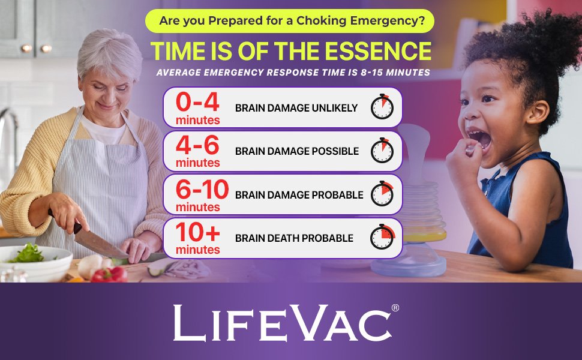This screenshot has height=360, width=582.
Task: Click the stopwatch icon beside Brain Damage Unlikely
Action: click(382, 107)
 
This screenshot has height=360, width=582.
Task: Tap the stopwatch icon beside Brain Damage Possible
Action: click(382, 151)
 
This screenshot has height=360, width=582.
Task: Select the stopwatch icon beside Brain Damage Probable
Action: click(382, 194)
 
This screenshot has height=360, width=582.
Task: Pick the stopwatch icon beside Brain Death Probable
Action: click(382, 237)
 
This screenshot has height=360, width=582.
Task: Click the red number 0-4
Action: click(197, 102)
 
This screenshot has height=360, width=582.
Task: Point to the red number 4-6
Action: click(197, 145)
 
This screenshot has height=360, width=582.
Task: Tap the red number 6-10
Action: click(202, 189)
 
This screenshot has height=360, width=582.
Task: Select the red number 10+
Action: click(198, 232)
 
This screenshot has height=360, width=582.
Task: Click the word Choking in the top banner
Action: click(322, 21)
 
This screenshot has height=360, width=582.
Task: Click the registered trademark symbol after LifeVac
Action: click(395, 308)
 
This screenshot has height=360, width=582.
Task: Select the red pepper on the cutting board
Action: click(109, 274)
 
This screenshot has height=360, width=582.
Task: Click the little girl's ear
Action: click(538, 112)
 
